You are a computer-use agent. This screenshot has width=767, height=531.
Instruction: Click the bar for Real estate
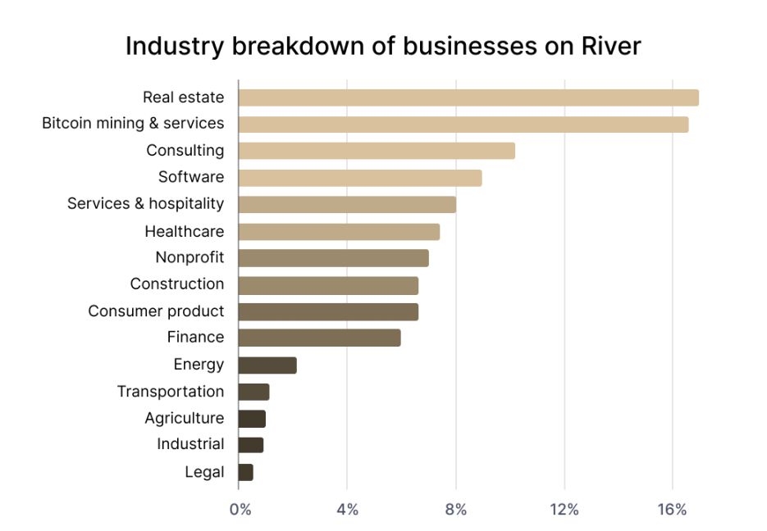pyautogui.click(x=468, y=98)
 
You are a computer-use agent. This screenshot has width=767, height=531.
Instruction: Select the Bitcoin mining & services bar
pyautogui.click(x=463, y=125)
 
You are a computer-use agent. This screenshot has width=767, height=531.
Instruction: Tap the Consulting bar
pyautogui.click(x=377, y=151)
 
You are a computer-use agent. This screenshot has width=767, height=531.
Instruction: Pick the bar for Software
pyautogui.click(x=359, y=178)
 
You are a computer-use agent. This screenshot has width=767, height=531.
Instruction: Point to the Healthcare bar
pyautogui.click(x=339, y=232)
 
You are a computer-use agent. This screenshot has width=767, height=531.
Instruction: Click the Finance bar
pyautogui.click(x=319, y=338)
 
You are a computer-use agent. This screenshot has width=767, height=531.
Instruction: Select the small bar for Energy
pyautogui.click(x=267, y=365)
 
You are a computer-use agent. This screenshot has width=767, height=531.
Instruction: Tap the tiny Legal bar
pyautogui.click(x=245, y=472)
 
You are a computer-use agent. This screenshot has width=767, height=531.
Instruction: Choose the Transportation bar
pyautogui.click(x=253, y=392)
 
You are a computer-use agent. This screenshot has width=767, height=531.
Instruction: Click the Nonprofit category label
pyautogui.click(x=189, y=258)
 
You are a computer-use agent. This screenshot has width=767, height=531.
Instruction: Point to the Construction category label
pyautogui.click(x=176, y=284)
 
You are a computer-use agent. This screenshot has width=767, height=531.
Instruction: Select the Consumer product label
pyautogui.click(x=156, y=311)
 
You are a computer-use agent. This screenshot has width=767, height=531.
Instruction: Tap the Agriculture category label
pyautogui.click(x=184, y=418)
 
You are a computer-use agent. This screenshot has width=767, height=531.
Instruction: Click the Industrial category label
pyautogui.click(x=190, y=444)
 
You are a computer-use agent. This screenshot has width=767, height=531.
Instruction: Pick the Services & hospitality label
pyautogui.click(x=145, y=204)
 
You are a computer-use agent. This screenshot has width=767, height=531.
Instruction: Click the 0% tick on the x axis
pyautogui.click(x=240, y=510)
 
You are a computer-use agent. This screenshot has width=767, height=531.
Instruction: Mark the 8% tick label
pyautogui.click(x=455, y=510)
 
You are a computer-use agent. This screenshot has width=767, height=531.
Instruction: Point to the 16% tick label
pyautogui.click(x=672, y=510)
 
